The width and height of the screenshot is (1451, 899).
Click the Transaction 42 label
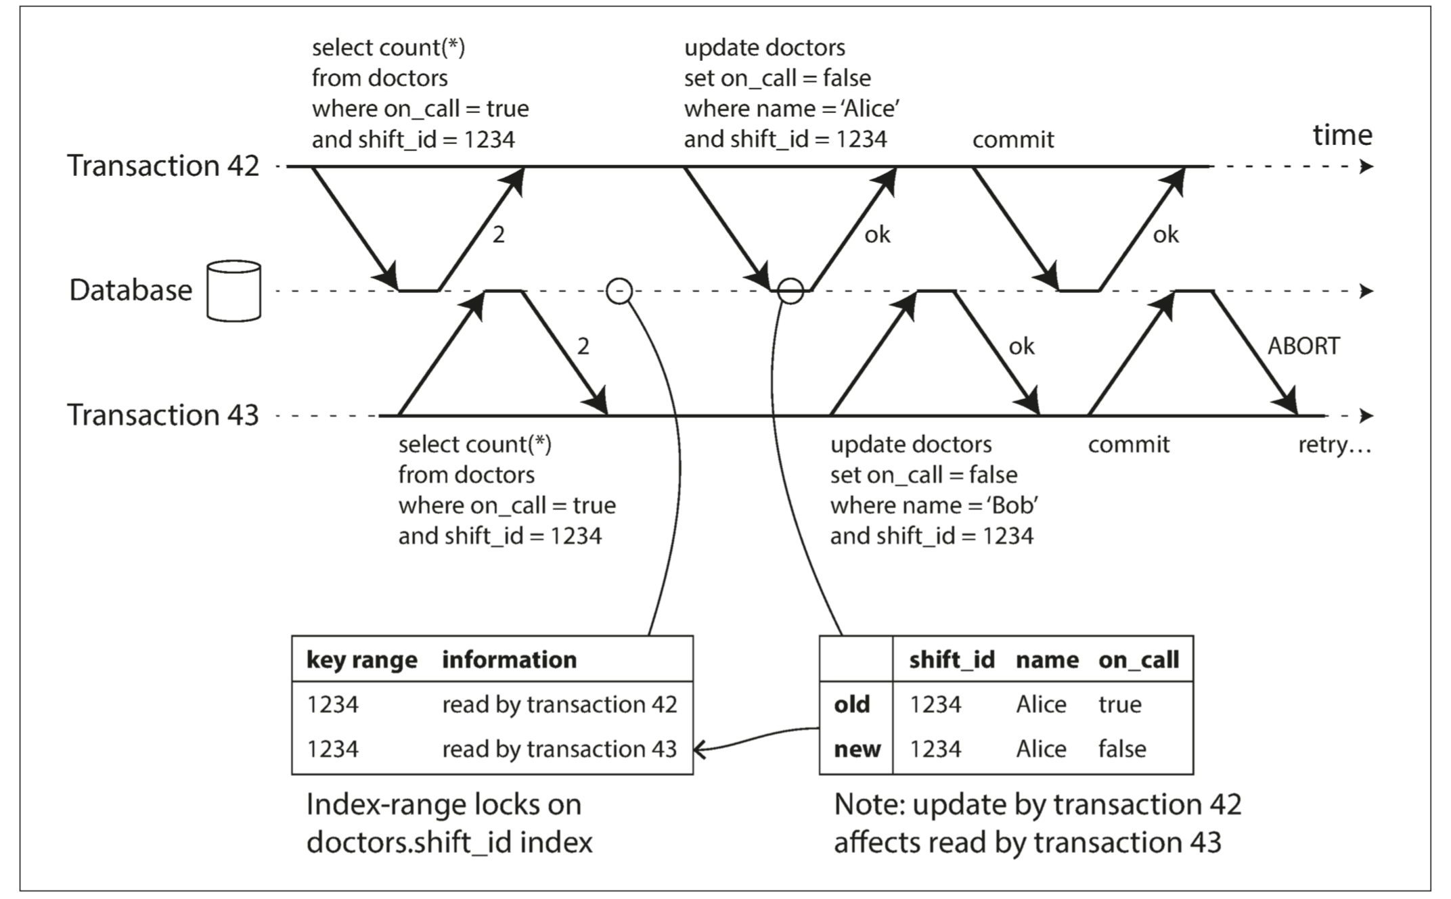pyautogui.click(x=163, y=166)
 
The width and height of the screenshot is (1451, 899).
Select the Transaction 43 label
pyautogui.click(x=163, y=415)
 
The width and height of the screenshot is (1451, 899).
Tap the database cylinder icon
pyautogui.click(x=233, y=291)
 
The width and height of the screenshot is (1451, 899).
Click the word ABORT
pyautogui.click(x=1303, y=346)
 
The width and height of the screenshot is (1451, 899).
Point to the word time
pyautogui.click(x=1343, y=135)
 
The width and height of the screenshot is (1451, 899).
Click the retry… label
pyautogui.click(x=1335, y=446)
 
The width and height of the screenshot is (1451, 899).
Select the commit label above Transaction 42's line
pyautogui.click(x=1013, y=139)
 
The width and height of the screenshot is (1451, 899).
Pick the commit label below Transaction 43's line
pyautogui.click(x=1129, y=444)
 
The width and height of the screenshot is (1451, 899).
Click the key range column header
pyautogui.click(x=362, y=660)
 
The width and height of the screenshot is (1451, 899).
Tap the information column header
pyautogui.click(x=510, y=660)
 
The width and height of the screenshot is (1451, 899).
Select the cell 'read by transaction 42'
pyautogui.click(x=560, y=705)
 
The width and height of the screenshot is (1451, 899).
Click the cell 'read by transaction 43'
pyautogui.click(x=560, y=750)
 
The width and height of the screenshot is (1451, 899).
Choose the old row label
pyautogui.click(x=851, y=705)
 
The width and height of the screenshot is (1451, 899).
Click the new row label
pyautogui.click(x=857, y=750)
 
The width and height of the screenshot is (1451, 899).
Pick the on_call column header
pyautogui.click(x=1139, y=660)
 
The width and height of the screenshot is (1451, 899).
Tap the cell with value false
pyautogui.click(x=1122, y=750)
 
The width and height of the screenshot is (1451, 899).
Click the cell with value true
pyautogui.click(x=1120, y=705)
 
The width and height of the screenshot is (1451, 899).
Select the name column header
pyautogui.click(x=1047, y=660)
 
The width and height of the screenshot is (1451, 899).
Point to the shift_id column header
pyautogui.click(x=952, y=660)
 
